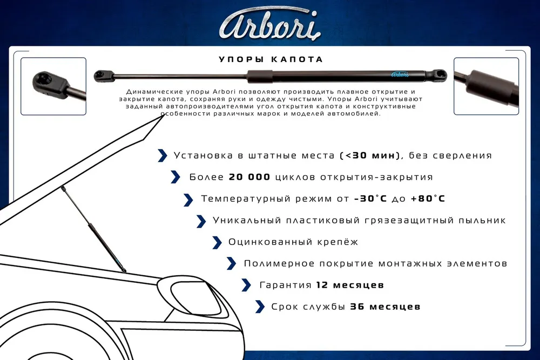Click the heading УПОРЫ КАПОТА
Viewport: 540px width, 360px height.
coord(271,59)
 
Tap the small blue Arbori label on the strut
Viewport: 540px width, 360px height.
coord(400,74)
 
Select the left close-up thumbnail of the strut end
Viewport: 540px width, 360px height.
coord(53,86)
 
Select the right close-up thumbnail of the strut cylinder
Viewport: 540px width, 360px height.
coord(486,86)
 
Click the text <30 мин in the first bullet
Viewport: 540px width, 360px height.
coord(370,155)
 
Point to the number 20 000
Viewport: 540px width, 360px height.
coord(249,177)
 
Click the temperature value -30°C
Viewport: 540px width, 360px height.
coord(370,199)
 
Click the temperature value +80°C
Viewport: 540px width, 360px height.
coord(428,199)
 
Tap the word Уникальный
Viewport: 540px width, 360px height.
coord(247,220)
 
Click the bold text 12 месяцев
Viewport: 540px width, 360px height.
coord(350,286)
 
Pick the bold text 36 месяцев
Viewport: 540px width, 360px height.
coord(385,307)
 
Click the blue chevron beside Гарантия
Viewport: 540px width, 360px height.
coord(246,285)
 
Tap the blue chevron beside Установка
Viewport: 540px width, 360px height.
coord(162,155)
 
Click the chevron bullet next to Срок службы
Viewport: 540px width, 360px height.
coord(260,307)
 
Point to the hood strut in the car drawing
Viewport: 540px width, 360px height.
coord(93,229)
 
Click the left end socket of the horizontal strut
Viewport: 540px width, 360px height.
coord(104,76)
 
